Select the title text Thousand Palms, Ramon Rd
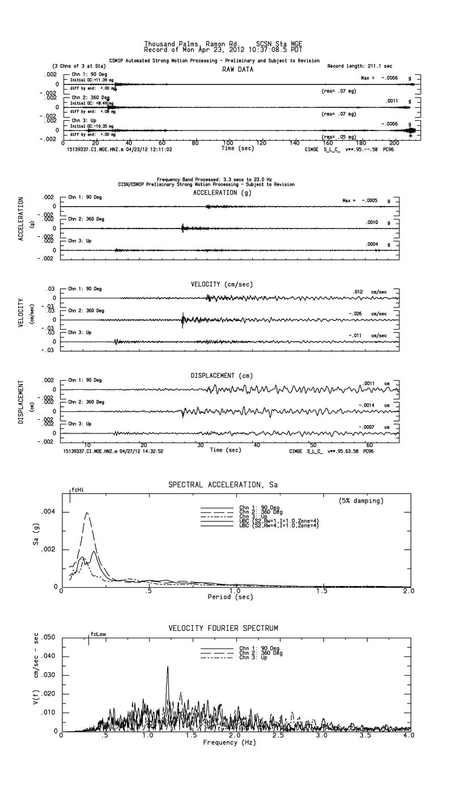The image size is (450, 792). tap(185, 43)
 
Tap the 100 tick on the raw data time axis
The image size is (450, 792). tap(228, 143)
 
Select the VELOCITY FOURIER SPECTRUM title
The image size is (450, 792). tap(223, 628)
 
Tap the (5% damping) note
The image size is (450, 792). tap(360, 501)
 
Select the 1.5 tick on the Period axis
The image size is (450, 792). tap(322, 592)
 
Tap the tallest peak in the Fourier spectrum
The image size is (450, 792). tap(168, 667)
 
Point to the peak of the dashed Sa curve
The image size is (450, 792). tap(87, 513)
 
